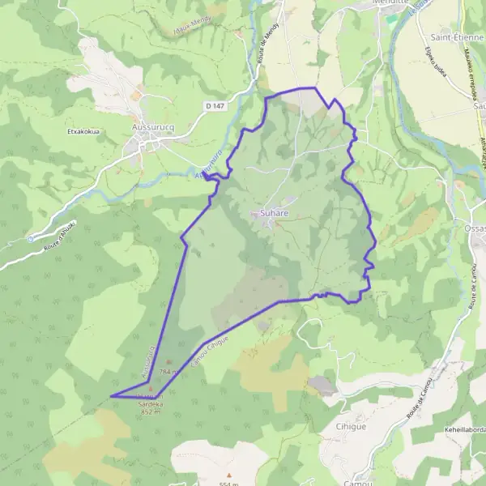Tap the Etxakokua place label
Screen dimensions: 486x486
pyautogui.click(x=83, y=129)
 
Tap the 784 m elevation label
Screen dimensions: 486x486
pyautogui.click(x=168, y=371)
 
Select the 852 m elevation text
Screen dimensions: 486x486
pyautogui.click(x=151, y=411)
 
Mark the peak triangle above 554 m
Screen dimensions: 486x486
pyautogui.click(x=229, y=475)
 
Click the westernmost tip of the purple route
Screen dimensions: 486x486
pyautogui.click(x=110, y=396)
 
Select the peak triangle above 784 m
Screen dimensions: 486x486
pyautogui.click(x=168, y=362)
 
